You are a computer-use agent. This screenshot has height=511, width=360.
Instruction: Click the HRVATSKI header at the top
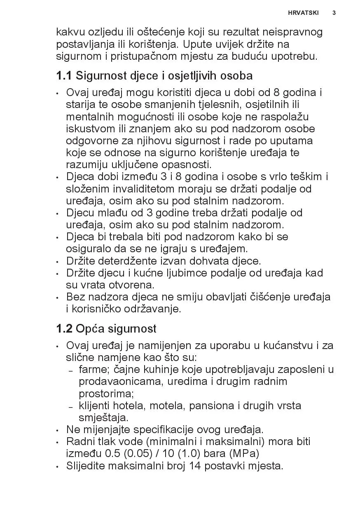pos(303,13)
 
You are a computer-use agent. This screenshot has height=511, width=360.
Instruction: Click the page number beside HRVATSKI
pos(334,13)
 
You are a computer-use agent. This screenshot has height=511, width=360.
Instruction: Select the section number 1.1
pos(64,76)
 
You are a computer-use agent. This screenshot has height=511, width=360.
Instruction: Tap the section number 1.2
pos(64,329)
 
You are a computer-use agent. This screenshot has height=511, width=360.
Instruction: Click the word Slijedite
pos(85,466)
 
